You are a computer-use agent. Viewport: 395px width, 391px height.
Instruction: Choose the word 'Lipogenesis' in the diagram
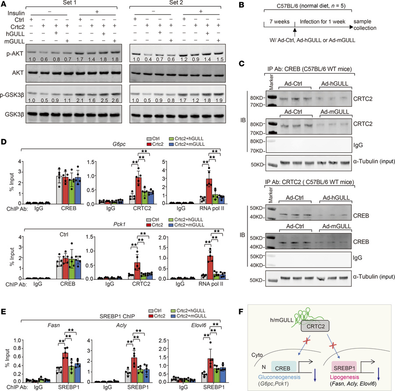356,374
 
